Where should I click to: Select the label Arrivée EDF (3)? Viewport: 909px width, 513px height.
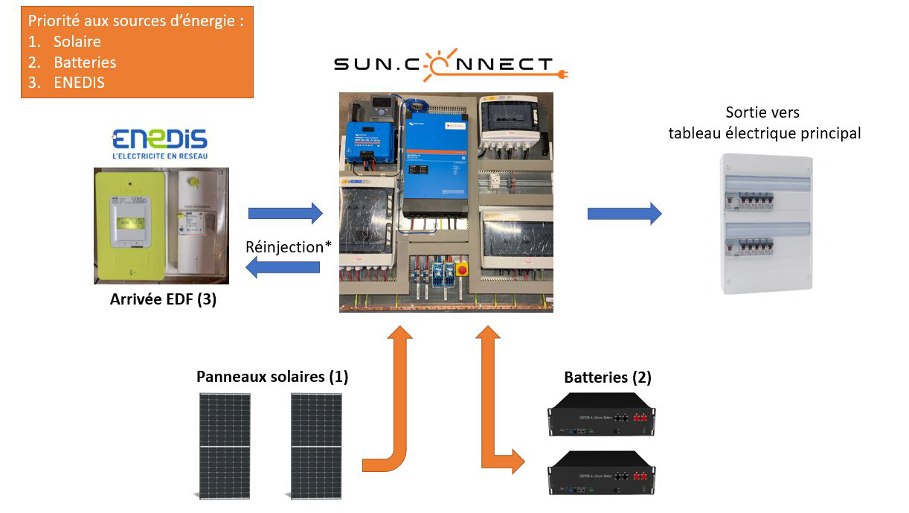pyautogui.click(x=163, y=300)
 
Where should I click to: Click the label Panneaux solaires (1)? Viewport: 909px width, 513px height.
pyautogui.click(x=272, y=377)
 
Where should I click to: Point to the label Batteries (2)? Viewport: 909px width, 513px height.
pyautogui.click(x=608, y=377)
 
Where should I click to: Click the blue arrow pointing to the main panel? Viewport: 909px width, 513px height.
pyautogui.click(x=624, y=214)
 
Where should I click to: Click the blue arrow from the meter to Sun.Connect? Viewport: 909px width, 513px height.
pyautogui.click(x=286, y=214)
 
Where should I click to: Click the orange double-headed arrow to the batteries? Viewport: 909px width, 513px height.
pyautogui.click(x=492, y=395)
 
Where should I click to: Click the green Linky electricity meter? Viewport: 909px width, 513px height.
pyautogui.click(x=128, y=225)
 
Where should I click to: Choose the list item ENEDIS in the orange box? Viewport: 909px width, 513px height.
pyautogui.click(x=79, y=83)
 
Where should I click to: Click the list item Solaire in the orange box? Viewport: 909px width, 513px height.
pyautogui.click(x=77, y=42)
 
